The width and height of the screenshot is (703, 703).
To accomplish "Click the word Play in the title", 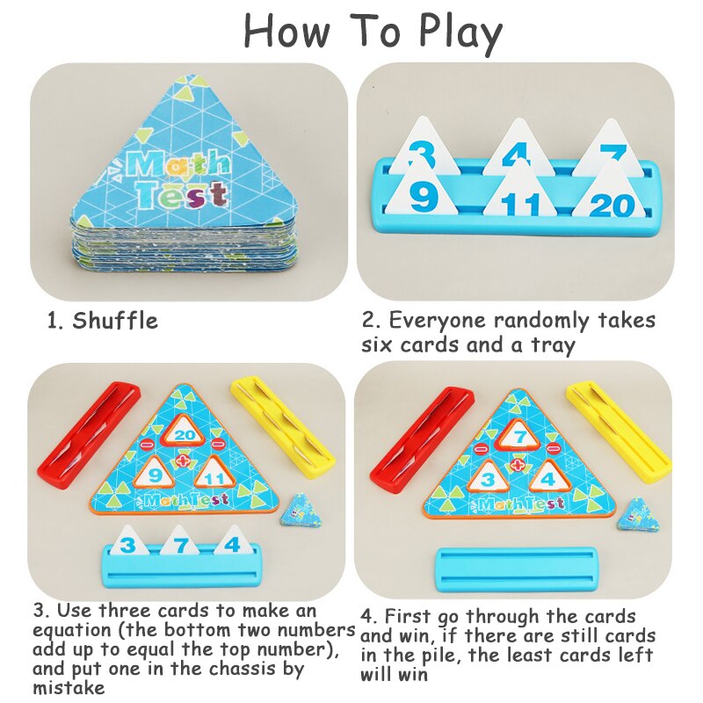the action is coord(460,33).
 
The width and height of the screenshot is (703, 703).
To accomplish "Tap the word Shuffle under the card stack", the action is coord(115,321).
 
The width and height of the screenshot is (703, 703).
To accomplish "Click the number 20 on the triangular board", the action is coord(185,435).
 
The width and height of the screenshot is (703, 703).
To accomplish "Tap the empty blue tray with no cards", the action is coord(517,569).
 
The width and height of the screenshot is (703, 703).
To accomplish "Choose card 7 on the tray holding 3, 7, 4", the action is coord(180,541).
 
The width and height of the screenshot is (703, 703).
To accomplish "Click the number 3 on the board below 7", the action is coord(488,480).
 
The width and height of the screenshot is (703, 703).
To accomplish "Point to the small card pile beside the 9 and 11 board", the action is coord(301,511).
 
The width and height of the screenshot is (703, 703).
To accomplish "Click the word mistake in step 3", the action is coord(69,687).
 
